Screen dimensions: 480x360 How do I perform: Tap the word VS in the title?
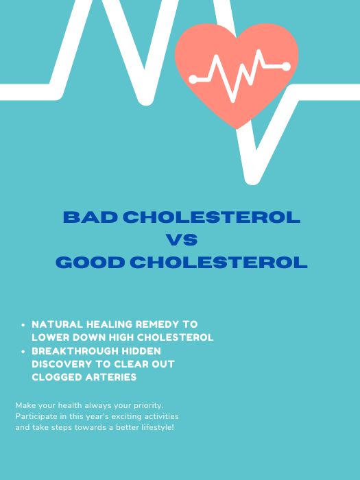coord(182,240)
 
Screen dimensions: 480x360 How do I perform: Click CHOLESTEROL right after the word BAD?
coord(211,217)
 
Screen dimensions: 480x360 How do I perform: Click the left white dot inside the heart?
coord(193,80)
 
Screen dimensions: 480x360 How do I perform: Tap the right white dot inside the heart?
coord(286,67)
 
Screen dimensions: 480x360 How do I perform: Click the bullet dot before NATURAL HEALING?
coord(24,324)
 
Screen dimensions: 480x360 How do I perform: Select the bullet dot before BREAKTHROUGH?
coord(24,351)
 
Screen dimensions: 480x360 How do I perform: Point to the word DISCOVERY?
coord(62,364)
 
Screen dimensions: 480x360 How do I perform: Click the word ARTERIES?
coord(112,377)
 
